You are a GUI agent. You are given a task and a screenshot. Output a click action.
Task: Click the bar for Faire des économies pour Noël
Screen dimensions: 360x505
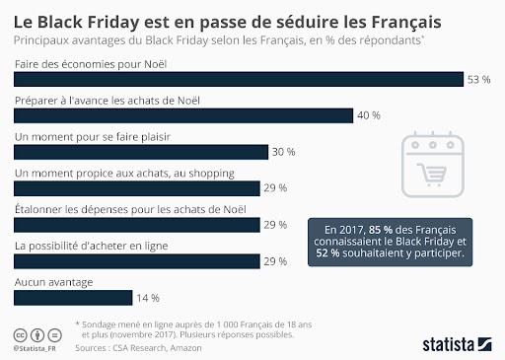point(237,80)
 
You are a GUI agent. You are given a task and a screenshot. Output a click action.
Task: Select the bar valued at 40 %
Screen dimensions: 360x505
point(182,115)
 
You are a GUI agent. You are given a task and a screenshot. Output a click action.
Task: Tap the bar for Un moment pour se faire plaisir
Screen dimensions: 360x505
point(140,152)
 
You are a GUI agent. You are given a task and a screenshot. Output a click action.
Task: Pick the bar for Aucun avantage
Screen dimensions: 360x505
point(72,297)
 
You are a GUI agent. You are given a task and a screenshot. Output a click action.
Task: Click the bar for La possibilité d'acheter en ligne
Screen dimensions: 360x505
point(136,260)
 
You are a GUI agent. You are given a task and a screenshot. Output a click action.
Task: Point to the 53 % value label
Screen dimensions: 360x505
point(479,80)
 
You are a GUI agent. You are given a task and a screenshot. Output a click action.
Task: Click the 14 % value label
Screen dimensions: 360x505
point(149,297)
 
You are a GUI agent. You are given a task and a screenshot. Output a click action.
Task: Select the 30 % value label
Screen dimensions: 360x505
point(284,152)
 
